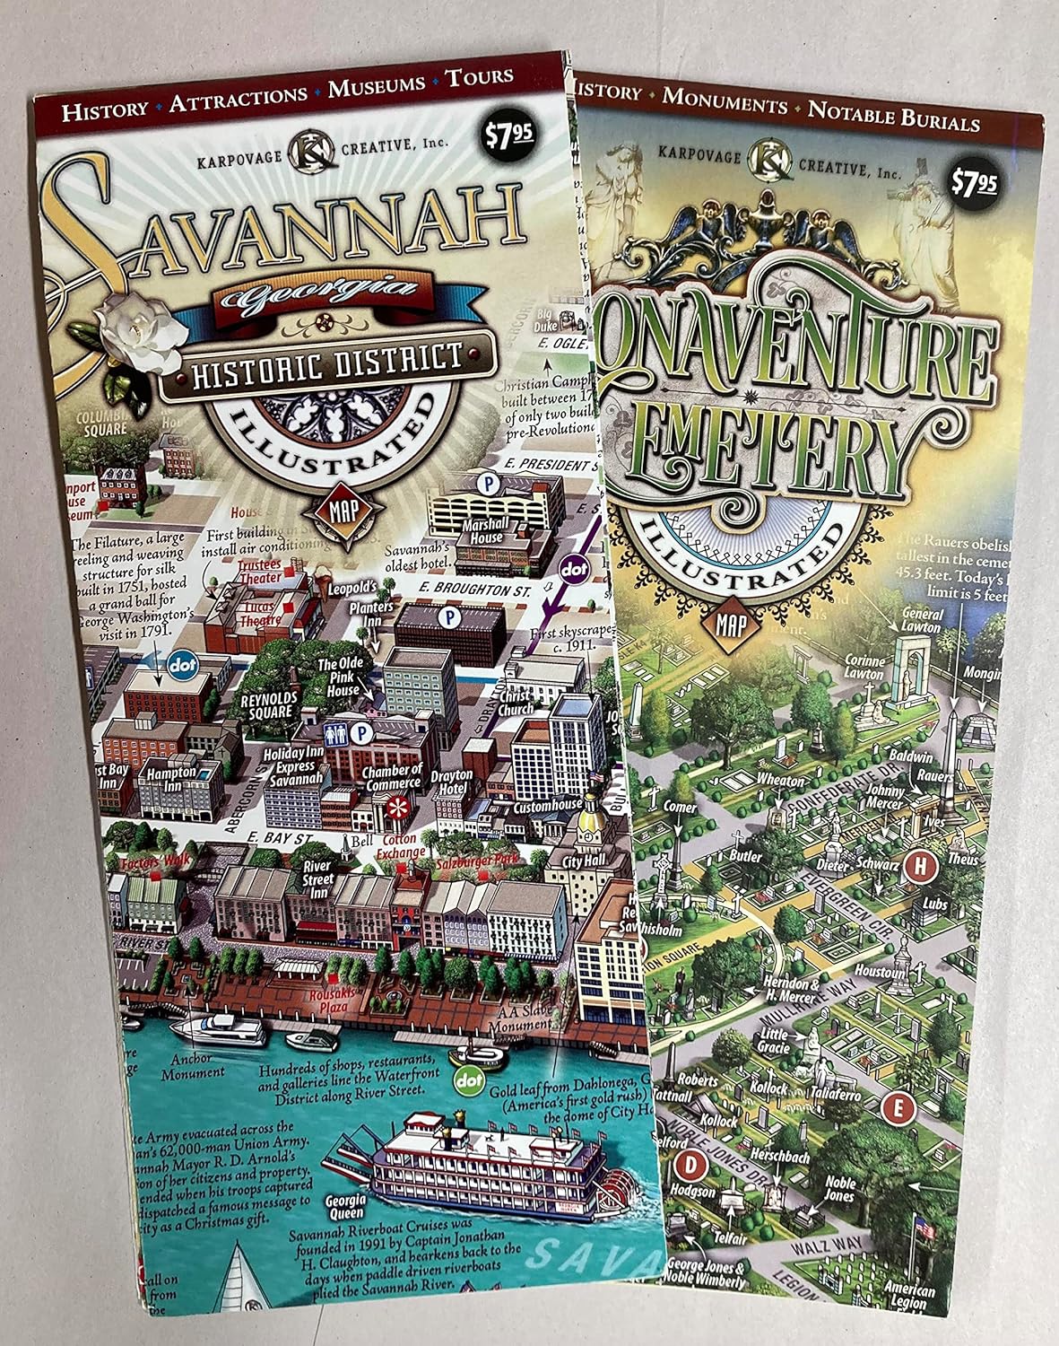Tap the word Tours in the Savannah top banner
point(480,76)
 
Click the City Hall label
point(585,861)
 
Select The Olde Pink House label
point(341,678)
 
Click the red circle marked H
point(919,867)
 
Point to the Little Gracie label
point(773,1041)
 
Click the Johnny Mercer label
point(885,798)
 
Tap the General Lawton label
point(922,621)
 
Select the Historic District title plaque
point(327,361)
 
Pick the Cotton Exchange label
point(400,846)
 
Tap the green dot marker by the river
point(468,1081)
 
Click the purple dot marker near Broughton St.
point(573,569)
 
